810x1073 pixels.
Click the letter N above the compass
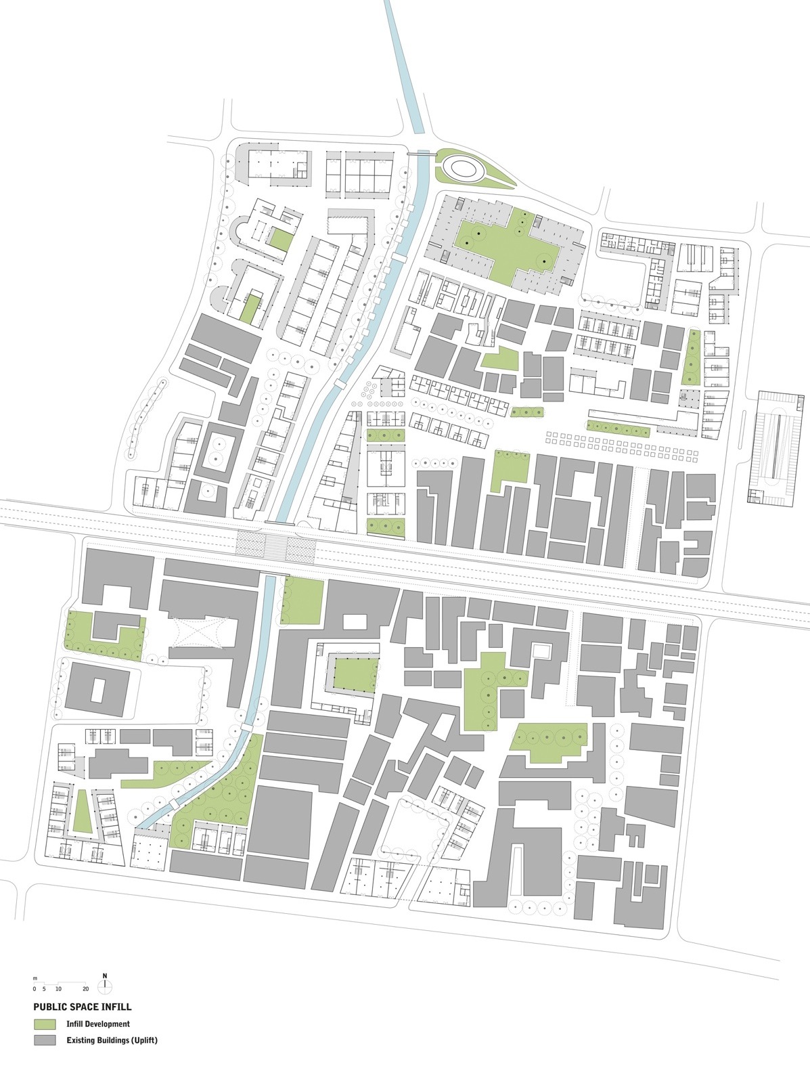105,976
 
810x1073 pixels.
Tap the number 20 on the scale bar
85,989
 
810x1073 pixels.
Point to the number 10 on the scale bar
58,989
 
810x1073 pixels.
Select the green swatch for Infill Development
45,1024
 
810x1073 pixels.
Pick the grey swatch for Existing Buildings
45,1040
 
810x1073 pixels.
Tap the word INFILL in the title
116,1007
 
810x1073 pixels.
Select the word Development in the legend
107,1024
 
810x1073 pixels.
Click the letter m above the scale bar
35,980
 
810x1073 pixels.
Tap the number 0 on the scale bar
35,989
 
